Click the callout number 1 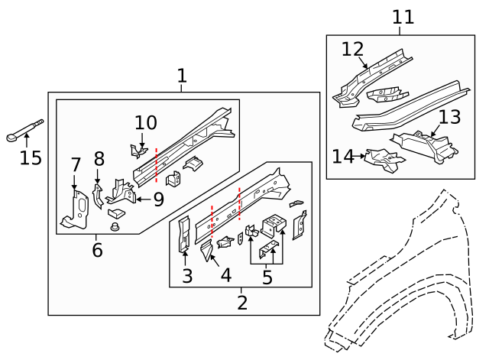182,76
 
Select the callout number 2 242,303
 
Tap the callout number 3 186,276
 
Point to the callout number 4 225,276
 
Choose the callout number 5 267,277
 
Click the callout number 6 97,250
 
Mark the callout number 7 75,165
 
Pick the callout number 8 99,159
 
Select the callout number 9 159,199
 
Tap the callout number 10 145,122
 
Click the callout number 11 403,17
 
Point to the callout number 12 353,49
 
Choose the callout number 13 450,117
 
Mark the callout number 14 343,157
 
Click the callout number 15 31,157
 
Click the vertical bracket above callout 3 183,234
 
